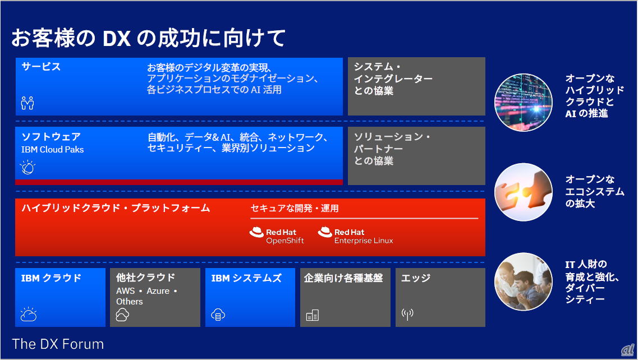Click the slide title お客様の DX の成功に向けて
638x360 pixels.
pos(149,38)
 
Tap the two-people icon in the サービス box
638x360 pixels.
pos(27,103)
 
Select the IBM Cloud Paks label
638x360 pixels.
pos(53,150)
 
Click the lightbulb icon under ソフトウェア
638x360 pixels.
pos(27,167)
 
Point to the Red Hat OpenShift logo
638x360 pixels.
pos(277,236)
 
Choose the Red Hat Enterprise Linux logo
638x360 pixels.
pos(355,236)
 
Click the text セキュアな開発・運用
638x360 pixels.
pos(295,209)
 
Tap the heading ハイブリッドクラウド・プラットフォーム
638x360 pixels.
pos(116,208)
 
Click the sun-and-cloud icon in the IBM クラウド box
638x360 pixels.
pos(29,314)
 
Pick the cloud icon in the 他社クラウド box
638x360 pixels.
pos(122,315)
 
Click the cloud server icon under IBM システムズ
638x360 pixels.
pos(218,315)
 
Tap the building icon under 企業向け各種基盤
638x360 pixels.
pos(313,315)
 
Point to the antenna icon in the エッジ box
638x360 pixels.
pos(407,314)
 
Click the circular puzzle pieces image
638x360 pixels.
pos(524,192)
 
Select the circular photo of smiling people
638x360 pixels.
pos(524,281)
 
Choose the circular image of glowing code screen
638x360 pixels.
pos(524,103)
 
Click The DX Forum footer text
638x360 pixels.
pos(58,344)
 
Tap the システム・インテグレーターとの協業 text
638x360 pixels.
pos(393,79)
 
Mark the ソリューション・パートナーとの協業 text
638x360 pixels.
pos(392,149)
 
